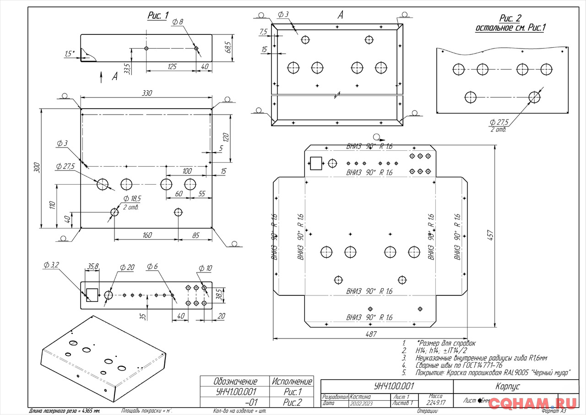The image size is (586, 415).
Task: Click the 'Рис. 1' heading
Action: point(157,15)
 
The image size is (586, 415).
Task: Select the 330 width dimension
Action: point(146,93)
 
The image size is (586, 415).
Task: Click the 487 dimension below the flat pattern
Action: point(370,334)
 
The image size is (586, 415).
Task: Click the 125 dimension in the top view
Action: point(171,67)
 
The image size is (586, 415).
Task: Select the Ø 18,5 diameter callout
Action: point(132,198)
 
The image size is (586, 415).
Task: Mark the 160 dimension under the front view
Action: point(146,235)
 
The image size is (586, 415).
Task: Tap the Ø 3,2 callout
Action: point(51,265)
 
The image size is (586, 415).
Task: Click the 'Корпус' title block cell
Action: point(507,386)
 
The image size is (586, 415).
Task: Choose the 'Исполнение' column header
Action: point(292,381)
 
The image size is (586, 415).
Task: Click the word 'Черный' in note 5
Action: point(531,373)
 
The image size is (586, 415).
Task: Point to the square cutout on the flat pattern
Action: point(316,164)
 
